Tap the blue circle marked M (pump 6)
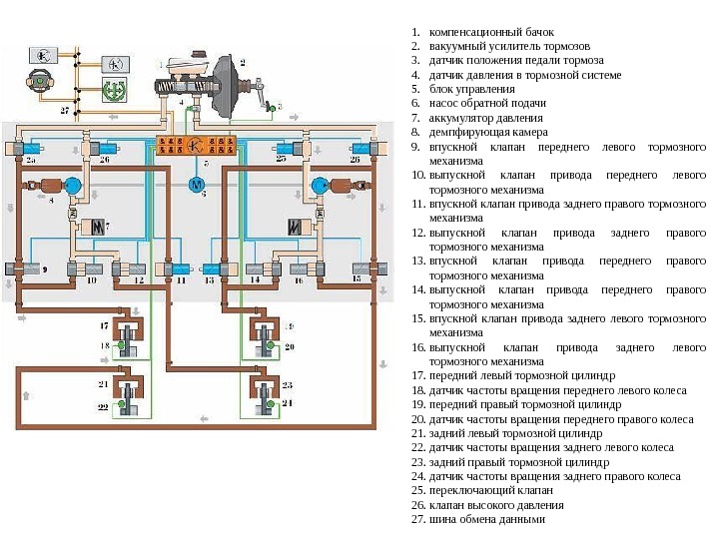click(196, 184)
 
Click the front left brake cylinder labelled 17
click(129, 333)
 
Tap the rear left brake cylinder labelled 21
click(129, 389)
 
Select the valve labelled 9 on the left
click(17, 269)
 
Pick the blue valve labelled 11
click(180, 269)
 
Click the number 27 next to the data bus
click(66, 110)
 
